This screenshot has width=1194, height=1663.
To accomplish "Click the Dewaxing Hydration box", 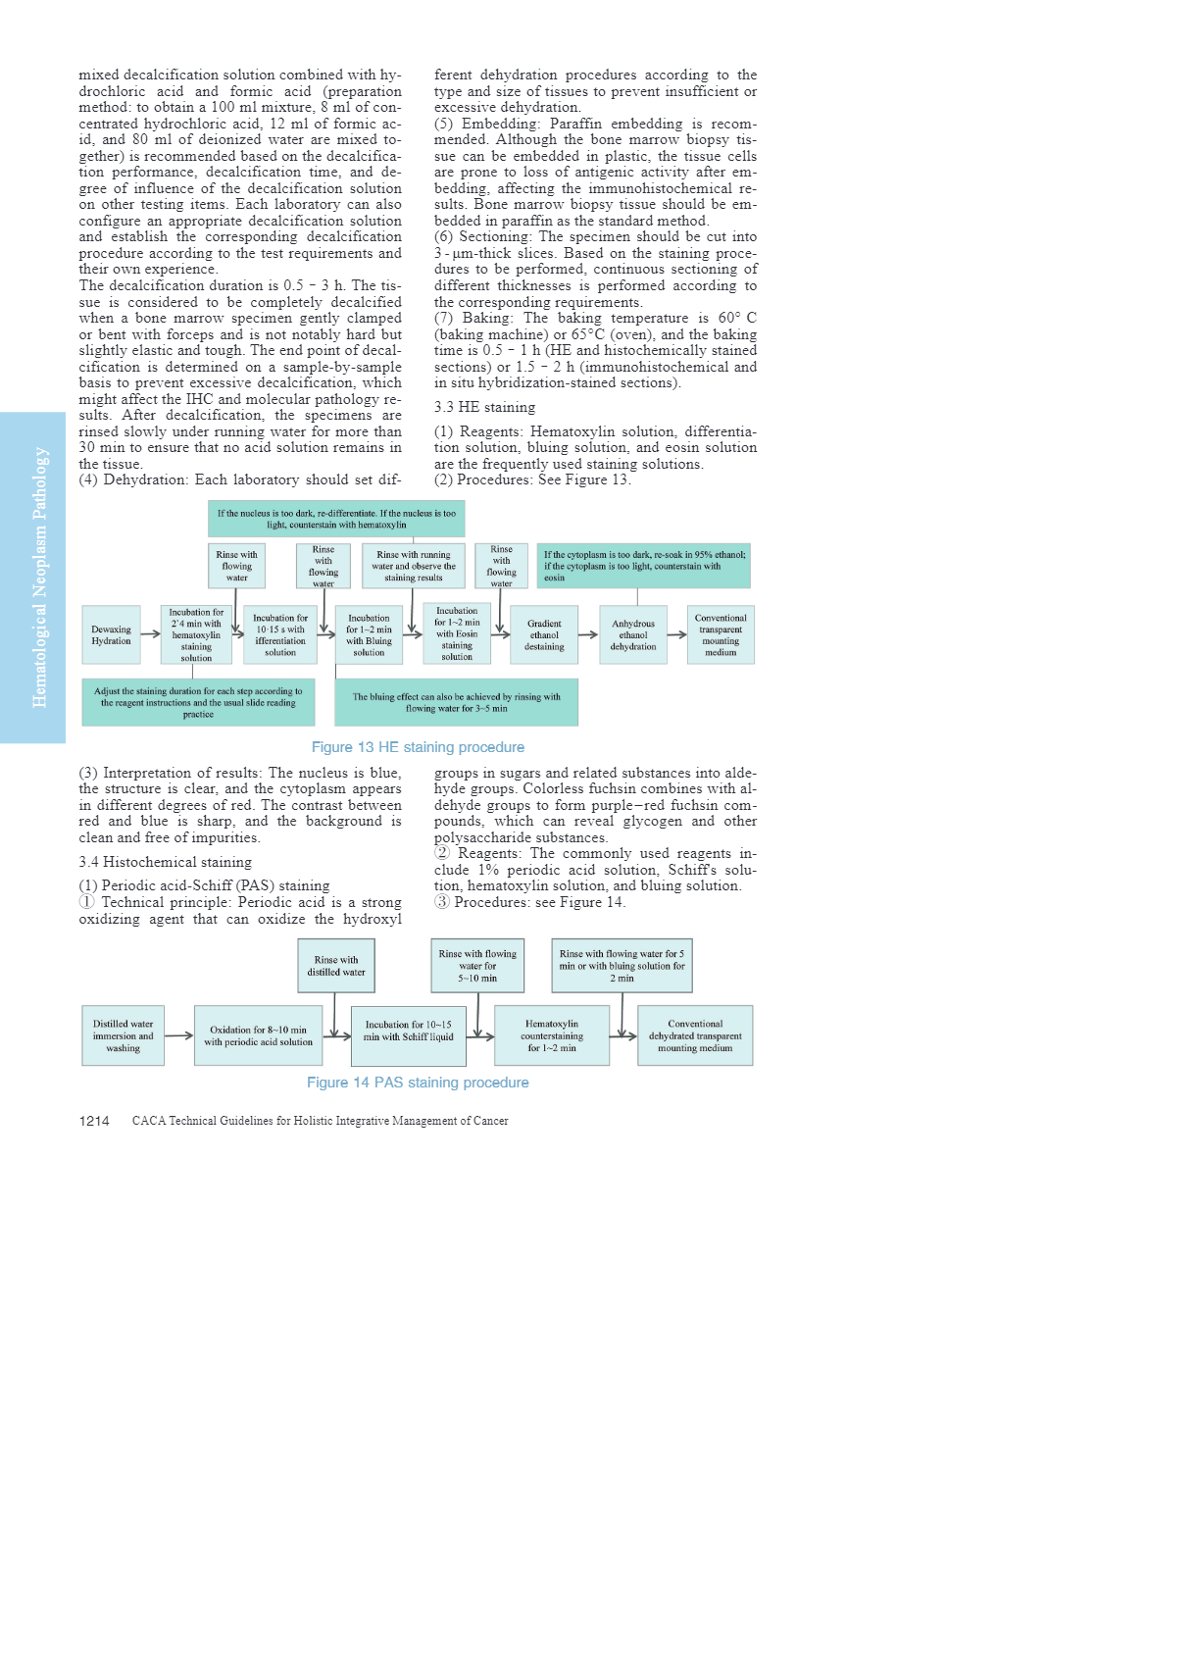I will click(111, 634).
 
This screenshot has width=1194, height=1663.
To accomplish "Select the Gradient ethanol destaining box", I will click(544, 634).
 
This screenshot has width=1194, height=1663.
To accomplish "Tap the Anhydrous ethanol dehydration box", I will click(633, 634).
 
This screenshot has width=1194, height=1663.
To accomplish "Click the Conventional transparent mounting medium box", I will click(721, 634).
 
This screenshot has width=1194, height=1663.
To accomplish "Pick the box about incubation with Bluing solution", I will click(369, 634).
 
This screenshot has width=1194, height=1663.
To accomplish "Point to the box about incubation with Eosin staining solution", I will click(457, 633).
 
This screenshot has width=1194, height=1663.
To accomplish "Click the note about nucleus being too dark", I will click(336, 519).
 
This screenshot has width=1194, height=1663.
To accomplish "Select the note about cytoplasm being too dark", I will click(644, 566).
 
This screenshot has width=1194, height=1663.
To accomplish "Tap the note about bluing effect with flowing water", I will click(457, 702).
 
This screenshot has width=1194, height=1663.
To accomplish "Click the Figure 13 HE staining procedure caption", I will click(418, 747).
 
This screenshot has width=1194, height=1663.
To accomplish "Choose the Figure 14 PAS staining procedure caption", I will click(418, 1083).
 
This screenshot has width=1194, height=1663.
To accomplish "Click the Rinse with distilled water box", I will click(336, 966).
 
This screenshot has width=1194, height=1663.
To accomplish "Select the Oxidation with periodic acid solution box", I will click(258, 1035).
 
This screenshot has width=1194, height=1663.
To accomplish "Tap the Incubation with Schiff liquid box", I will click(409, 1035).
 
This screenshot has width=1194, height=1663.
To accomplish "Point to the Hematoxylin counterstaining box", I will click(552, 1035).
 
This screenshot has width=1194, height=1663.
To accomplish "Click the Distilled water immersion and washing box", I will click(124, 1035).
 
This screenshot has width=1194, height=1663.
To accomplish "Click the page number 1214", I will click(94, 1121).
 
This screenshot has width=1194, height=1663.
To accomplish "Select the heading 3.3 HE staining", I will click(484, 407).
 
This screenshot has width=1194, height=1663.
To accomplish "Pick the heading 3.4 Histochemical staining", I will click(165, 862).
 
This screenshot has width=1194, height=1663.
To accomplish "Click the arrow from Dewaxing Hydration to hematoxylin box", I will click(150, 634).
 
